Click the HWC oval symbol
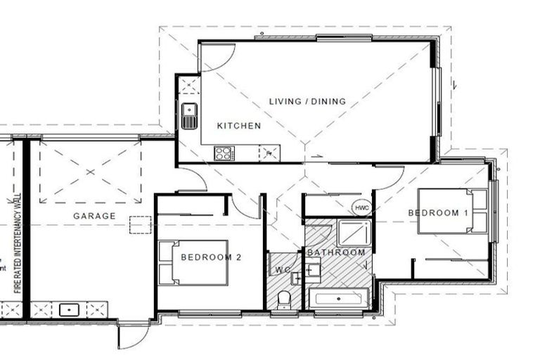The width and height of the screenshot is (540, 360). click(361, 209)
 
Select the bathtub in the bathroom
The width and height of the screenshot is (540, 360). click(339, 298)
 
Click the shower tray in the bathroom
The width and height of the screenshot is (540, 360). click(352, 232)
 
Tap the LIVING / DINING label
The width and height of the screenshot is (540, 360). click(308, 102)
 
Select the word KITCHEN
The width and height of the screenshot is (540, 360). click(238, 126)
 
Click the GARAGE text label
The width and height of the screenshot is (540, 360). click(94, 216)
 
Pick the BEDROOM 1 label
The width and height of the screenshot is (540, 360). click(438, 212)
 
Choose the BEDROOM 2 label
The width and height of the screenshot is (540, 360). click(211, 257)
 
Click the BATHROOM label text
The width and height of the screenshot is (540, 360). click(336, 252)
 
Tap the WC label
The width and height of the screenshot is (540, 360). click(283, 269)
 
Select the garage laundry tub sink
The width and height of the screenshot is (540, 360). click(69, 309)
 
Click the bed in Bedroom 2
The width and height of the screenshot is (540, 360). click(193, 262)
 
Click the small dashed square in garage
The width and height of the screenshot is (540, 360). click(140, 224)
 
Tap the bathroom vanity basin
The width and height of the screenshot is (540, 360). click(313, 268)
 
